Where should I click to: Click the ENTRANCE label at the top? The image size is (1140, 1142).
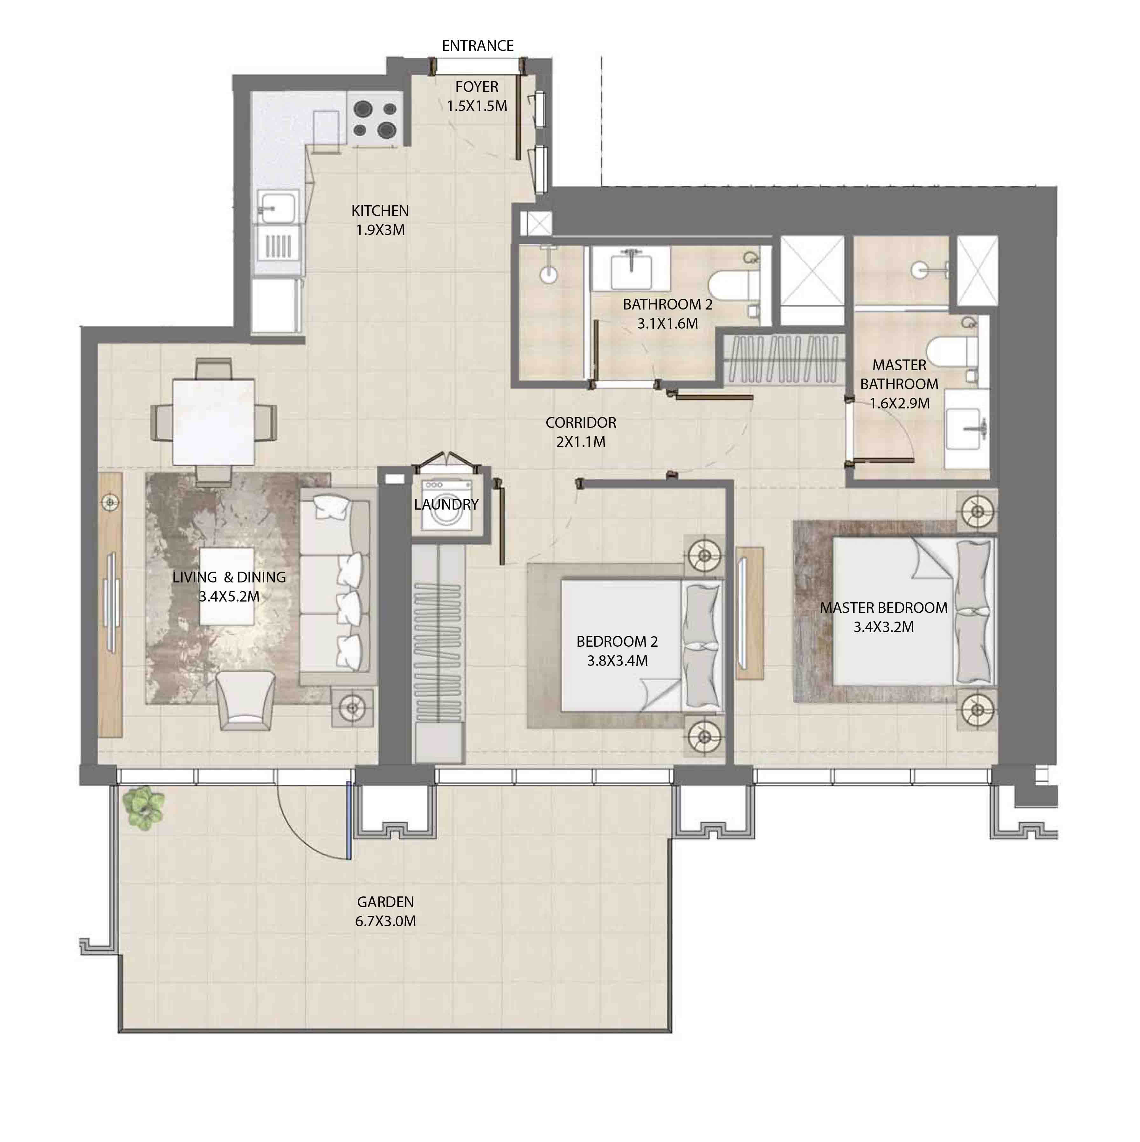tap(478, 45)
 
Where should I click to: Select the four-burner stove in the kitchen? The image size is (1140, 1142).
tap(375, 118)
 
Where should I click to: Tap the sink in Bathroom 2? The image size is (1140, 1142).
tap(631, 269)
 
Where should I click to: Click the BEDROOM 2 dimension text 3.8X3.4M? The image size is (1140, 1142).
tap(617, 661)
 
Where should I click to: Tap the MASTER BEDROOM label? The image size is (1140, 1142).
tap(883, 608)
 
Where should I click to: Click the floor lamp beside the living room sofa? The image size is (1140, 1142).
tap(352, 707)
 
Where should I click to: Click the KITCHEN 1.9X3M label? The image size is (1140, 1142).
tap(380, 220)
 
